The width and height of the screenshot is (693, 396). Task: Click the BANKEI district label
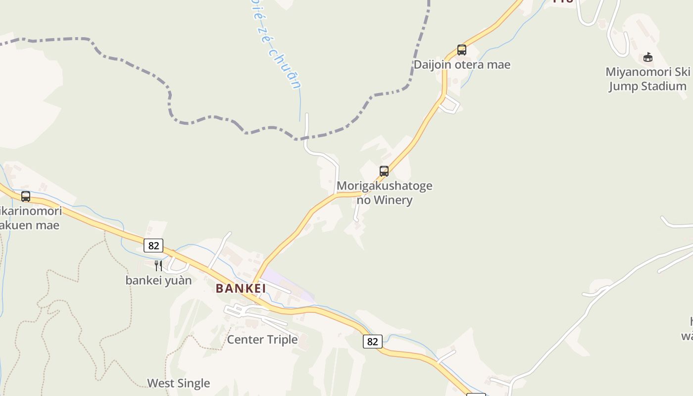[x=241, y=288]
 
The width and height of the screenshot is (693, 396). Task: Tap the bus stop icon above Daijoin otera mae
[x=462, y=49]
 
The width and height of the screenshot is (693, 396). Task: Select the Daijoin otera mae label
[x=462, y=65]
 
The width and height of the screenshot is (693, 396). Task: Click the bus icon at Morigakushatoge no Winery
[x=384, y=171]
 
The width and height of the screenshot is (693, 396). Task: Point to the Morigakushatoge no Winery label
[x=385, y=193]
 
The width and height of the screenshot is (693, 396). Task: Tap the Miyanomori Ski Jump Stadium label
[x=647, y=79]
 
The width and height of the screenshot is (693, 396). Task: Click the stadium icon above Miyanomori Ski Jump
[x=648, y=57]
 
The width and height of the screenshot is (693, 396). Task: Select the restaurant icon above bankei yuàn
[x=158, y=266]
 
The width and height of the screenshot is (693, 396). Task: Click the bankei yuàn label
[x=158, y=280]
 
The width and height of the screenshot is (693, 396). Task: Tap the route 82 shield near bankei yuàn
[x=153, y=246]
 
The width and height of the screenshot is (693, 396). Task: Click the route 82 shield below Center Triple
[x=372, y=342]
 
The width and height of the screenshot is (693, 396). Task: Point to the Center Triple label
[x=262, y=340]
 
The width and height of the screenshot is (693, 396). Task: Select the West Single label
[x=179, y=383]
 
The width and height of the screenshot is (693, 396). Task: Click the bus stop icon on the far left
[x=26, y=197]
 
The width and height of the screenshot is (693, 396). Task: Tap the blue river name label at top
[x=277, y=45]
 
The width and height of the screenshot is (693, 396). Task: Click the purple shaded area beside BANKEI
[x=290, y=285]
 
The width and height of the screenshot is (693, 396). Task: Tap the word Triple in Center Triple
[x=280, y=340]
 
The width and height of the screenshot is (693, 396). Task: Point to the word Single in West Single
[x=194, y=383]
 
